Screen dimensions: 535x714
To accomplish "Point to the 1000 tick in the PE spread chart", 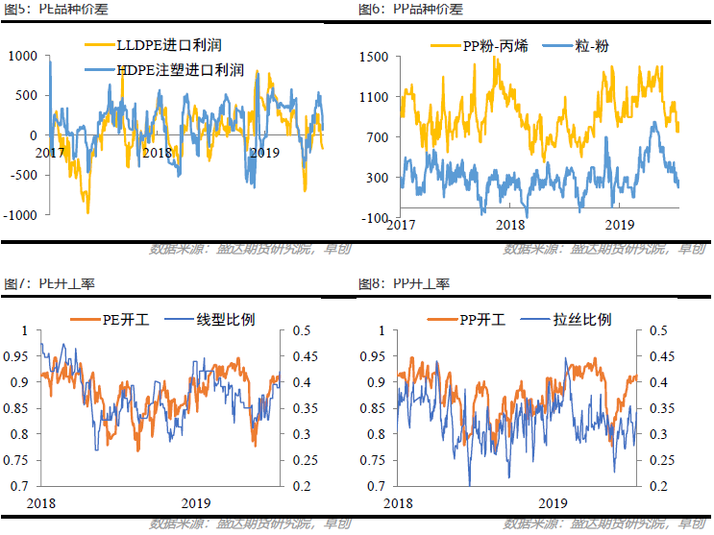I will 21,57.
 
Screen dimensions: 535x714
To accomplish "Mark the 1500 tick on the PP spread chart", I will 372,57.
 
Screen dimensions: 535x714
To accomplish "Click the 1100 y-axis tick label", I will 372,97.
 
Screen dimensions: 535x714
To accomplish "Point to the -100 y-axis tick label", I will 373,218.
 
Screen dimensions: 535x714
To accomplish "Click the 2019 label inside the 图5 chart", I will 263,153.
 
